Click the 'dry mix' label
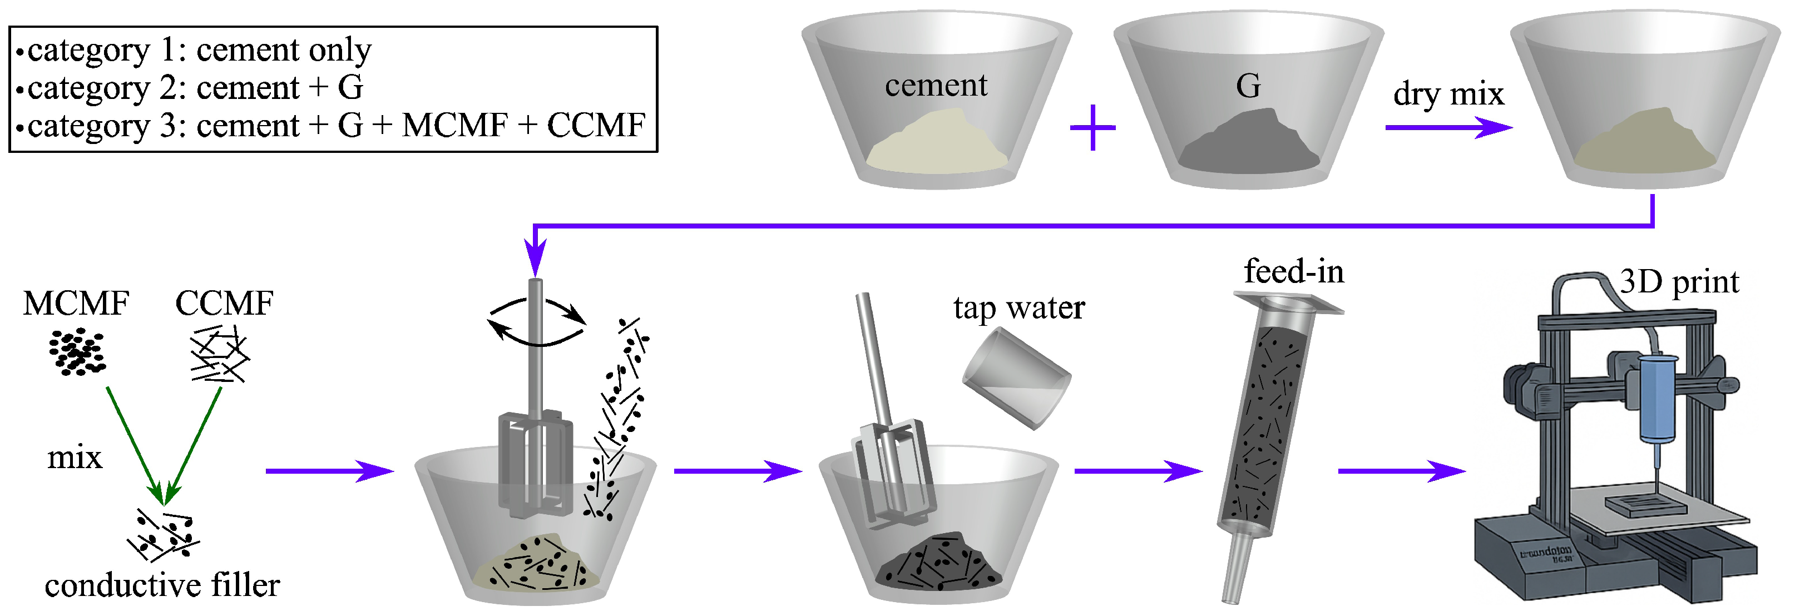click(x=1448, y=94)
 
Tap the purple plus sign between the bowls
click(x=1092, y=127)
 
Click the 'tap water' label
click(x=1018, y=308)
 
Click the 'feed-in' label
click(x=1294, y=272)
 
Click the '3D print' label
click(x=1679, y=282)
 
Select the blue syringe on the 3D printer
click(x=1658, y=401)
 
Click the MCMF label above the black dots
click(x=75, y=303)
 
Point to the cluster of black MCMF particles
click(x=77, y=352)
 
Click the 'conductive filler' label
click(x=162, y=585)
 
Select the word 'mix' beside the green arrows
click(x=75, y=458)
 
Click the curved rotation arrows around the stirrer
click(x=536, y=321)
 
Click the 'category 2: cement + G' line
click(x=195, y=88)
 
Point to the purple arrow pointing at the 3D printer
click(x=1401, y=471)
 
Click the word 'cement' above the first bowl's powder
click(x=936, y=86)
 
